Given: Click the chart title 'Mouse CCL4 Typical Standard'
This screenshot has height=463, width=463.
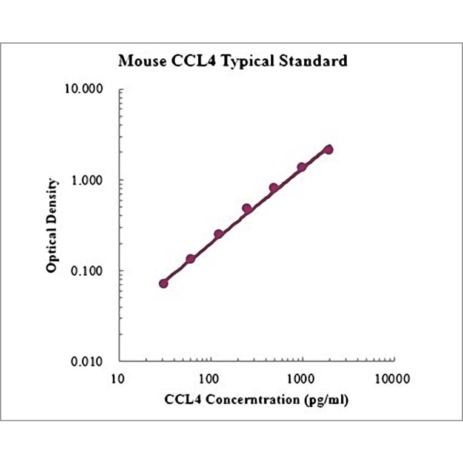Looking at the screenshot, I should pos(232,61).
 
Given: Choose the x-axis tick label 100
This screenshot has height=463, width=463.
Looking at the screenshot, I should pos(210,379).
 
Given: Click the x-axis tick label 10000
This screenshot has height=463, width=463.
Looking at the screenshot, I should pos(392,379).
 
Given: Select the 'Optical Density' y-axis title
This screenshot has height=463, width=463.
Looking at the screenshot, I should pos(53,225).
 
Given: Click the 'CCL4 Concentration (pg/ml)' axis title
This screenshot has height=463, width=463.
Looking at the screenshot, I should pos(256,401).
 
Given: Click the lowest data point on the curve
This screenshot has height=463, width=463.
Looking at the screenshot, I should pos(164,283).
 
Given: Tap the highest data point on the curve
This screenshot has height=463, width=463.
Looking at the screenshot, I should pos(328,149).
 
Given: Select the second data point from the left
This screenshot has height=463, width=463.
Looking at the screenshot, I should pos(190,259).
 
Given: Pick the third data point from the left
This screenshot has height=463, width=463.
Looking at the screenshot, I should pos(219,234).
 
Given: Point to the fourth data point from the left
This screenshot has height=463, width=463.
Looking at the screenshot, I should pos(247,208).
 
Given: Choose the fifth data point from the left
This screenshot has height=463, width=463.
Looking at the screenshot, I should pos(274,188).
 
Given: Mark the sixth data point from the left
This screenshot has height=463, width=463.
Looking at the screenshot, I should pos(301,167).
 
